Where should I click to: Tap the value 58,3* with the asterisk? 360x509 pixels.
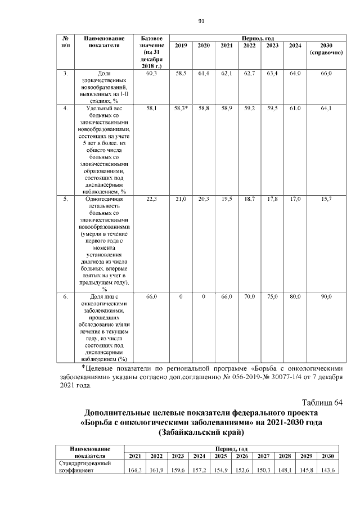pos(181,107)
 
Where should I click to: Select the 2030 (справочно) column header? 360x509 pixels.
pos(326,48)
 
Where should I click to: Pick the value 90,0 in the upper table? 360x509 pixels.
pos(326,296)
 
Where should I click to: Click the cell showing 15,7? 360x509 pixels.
pos(326,199)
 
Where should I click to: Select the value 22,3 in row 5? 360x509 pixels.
pos(151,199)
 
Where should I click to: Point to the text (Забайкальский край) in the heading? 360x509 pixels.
pos(202,433)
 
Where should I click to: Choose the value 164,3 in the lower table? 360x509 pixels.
pos(135,470)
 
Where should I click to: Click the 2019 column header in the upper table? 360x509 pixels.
pos(181,45)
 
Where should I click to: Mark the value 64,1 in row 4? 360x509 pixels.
pos(326,107)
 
